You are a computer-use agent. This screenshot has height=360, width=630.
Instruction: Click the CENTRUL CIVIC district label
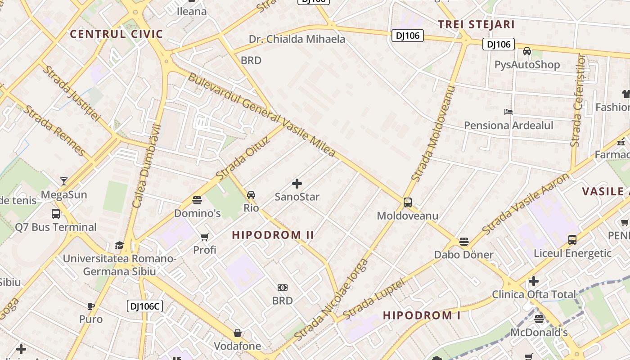116,34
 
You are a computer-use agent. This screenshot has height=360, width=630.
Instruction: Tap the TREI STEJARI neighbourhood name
476,24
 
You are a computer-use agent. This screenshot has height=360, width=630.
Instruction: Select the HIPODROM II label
273,235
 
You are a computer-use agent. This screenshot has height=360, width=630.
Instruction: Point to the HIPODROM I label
422,315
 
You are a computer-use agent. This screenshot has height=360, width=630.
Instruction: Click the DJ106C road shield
144,306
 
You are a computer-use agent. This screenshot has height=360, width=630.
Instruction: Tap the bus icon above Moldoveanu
408,202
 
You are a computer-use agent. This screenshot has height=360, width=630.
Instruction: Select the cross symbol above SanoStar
297,184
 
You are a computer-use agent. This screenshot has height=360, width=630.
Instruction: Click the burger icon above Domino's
197,200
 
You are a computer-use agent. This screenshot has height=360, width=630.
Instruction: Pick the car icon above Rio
251,195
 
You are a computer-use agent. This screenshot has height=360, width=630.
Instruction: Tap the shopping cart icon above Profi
205,237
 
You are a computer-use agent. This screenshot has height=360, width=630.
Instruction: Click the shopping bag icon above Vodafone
237,333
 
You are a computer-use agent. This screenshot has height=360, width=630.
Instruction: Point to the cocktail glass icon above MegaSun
64,181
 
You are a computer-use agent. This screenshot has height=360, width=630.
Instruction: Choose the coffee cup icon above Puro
91,306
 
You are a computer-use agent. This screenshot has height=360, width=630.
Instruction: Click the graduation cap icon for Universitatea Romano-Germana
119,245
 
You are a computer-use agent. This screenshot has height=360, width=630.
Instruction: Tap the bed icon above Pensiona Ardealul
508,112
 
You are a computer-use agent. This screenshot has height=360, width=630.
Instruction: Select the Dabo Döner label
463,255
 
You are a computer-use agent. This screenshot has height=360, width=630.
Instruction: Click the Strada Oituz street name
243,157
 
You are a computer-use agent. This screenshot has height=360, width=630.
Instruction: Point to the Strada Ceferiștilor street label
578,100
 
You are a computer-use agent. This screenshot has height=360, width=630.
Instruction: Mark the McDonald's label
539,333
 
